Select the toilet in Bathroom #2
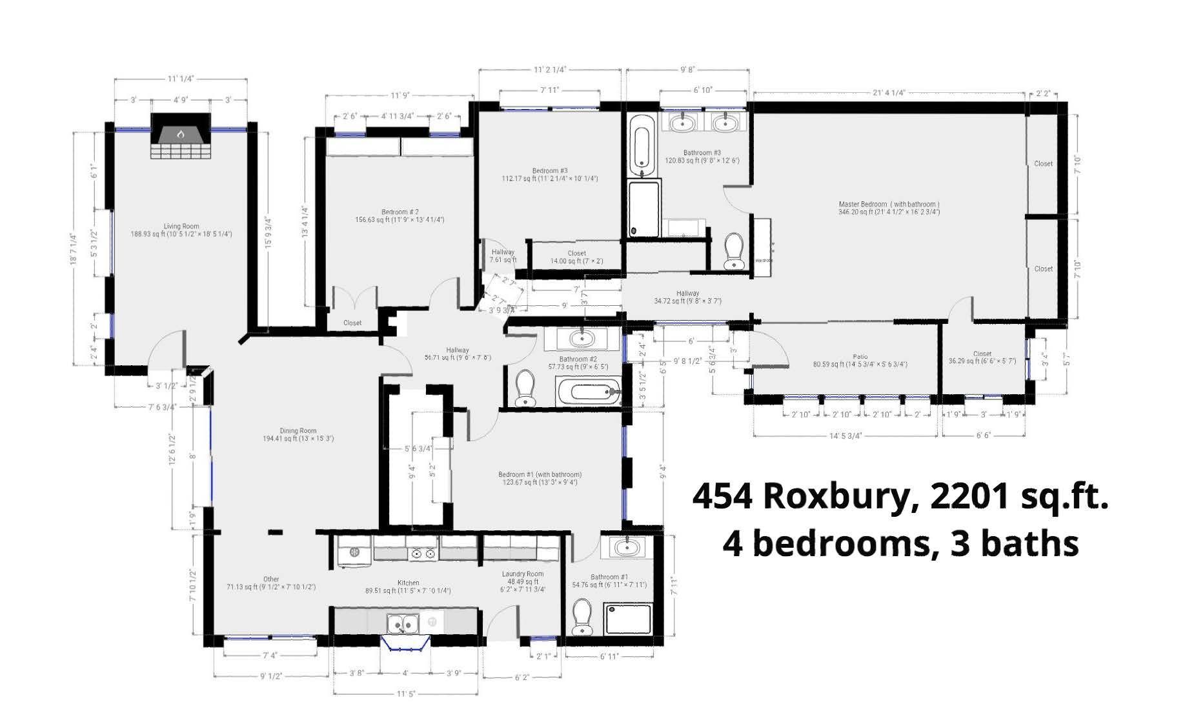coord(526,388)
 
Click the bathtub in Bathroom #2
coord(587,392)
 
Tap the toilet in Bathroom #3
coord(734,251)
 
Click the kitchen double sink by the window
coord(403,624)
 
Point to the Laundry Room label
coord(523,574)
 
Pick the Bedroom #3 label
coord(550,171)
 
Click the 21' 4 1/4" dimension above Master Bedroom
coord(889,92)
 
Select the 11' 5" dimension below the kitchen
coord(405,694)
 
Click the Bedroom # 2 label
coord(400,212)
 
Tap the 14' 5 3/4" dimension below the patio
coord(845,436)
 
